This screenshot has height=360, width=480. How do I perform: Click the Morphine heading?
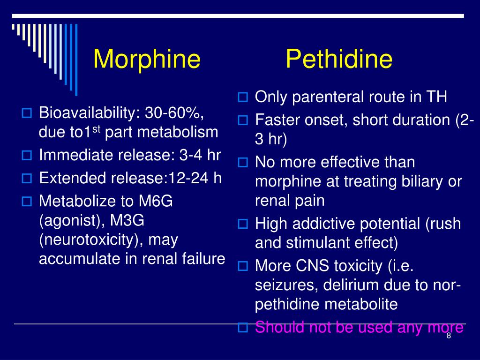(x=147, y=60)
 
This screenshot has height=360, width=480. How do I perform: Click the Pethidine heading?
(x=339, y=60)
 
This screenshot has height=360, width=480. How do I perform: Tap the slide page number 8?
(x=449, y=336)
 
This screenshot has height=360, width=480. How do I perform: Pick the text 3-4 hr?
(x=202, y=155)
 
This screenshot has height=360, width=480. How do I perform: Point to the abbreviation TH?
(x=436, y=97)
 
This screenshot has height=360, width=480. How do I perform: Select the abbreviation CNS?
(x=313, y=266)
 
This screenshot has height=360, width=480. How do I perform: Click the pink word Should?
(x=279, y=328)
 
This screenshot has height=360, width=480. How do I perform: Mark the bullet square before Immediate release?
(x=27, y=156)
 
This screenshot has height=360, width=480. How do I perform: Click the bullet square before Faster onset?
(x=243, y=121)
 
